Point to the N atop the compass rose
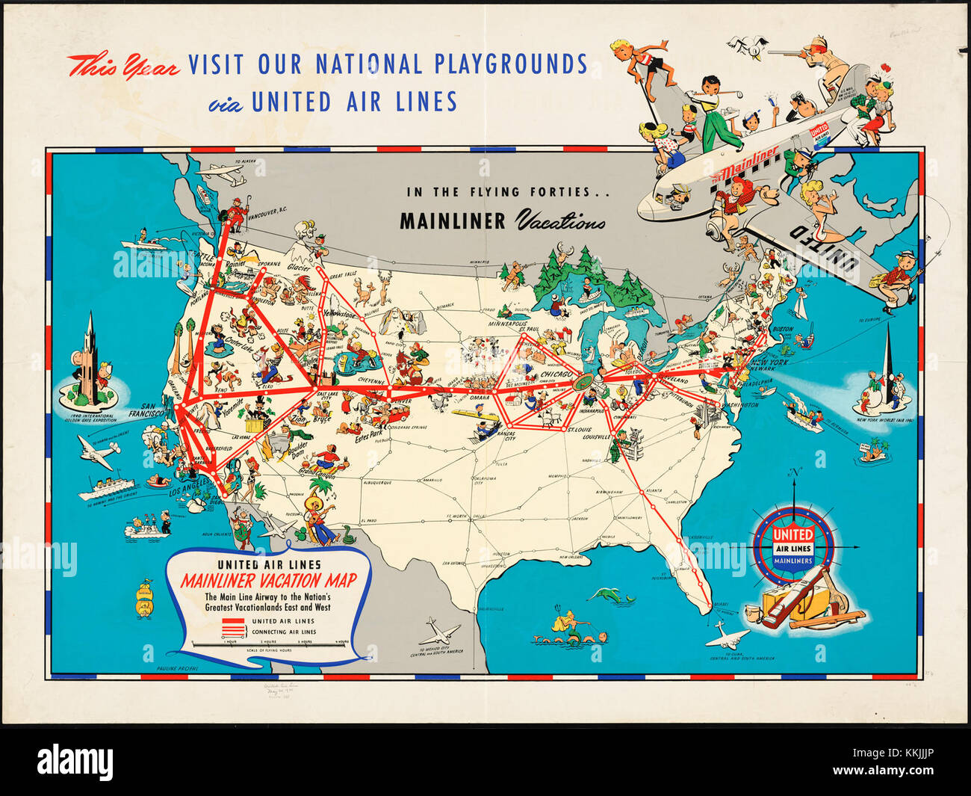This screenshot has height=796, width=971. [x=795, y=472]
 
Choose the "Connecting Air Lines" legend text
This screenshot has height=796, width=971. [x=284, y=632]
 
